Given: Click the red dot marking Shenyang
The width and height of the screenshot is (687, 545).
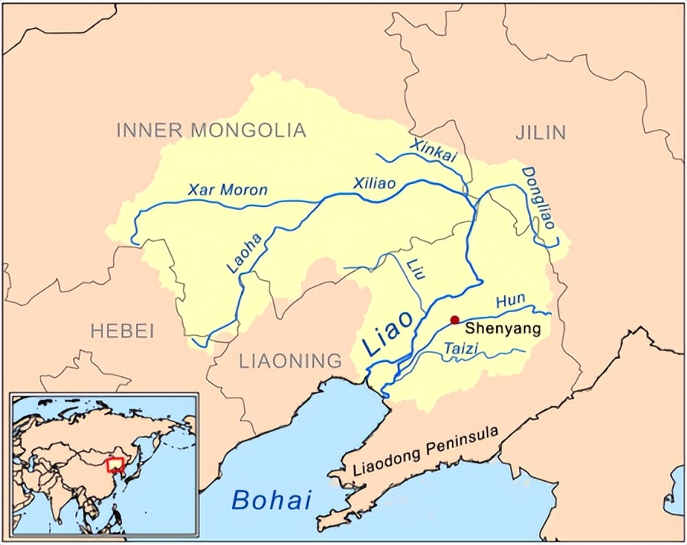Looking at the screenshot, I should pyautogui.click(x=455, y=320).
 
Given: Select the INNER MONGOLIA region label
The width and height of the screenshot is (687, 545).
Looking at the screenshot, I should pyautogui.click(x=211, y=131).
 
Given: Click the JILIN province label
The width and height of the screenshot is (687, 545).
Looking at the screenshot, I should pyautogui.click(x=540, y=133).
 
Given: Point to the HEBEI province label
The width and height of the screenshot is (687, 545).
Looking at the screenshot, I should pyautogui.click(x=122, y=331).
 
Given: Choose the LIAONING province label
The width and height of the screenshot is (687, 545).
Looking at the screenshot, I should pyautogui.click(x=290, y=360).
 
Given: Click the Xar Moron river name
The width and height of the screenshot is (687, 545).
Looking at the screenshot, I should pyautogui.click(x=227, y=190).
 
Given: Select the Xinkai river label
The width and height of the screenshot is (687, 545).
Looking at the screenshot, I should pyautogui.click(x=433, y=150).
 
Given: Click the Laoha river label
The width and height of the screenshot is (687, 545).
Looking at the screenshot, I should pyautogui.click(x=244, y=253).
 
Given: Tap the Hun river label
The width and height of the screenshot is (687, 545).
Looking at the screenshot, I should pyautogui.click(x=511, y=302).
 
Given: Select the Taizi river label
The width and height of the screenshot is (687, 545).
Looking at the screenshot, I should pyautogui.click(x=460, y=350).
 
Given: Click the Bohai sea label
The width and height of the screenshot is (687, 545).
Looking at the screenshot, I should pyautogui.click(x=272, y=500).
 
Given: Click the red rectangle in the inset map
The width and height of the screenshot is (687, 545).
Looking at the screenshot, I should pyautogui.click(x=116, y=464).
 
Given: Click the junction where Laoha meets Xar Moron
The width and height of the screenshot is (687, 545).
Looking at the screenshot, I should pyautogui.click(x=324, y=198).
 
